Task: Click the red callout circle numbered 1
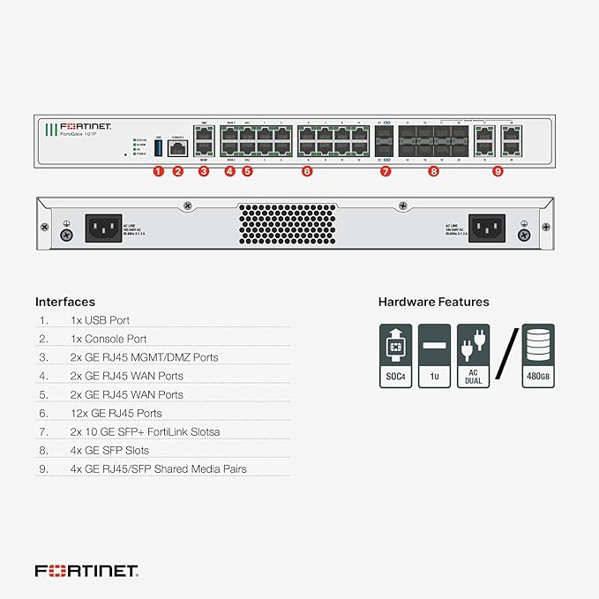coord(159,171)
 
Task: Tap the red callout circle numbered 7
coord(386,171)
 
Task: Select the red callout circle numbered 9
coord(498,171)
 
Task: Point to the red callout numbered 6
coord(307,171)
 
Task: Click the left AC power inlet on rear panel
coord(103,228)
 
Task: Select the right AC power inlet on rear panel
coord(488,228)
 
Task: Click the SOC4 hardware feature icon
coord(396,356)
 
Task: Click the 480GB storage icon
coord(538,356)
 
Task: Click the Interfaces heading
coord(65,302)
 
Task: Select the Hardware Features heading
coord(433,302)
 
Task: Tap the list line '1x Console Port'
coord(109,339)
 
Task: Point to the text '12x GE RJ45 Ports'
coord(116,413)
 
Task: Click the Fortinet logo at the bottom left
coord(86,571)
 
